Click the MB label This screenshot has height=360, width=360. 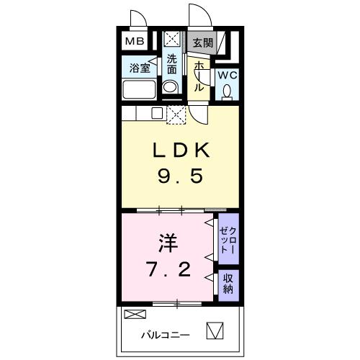coord(135,42)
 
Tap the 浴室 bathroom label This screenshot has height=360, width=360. coord(140,69)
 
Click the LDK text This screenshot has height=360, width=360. coord(180,151)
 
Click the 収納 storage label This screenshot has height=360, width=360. coord(228,284)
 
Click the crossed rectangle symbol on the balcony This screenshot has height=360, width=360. coord(135,314)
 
